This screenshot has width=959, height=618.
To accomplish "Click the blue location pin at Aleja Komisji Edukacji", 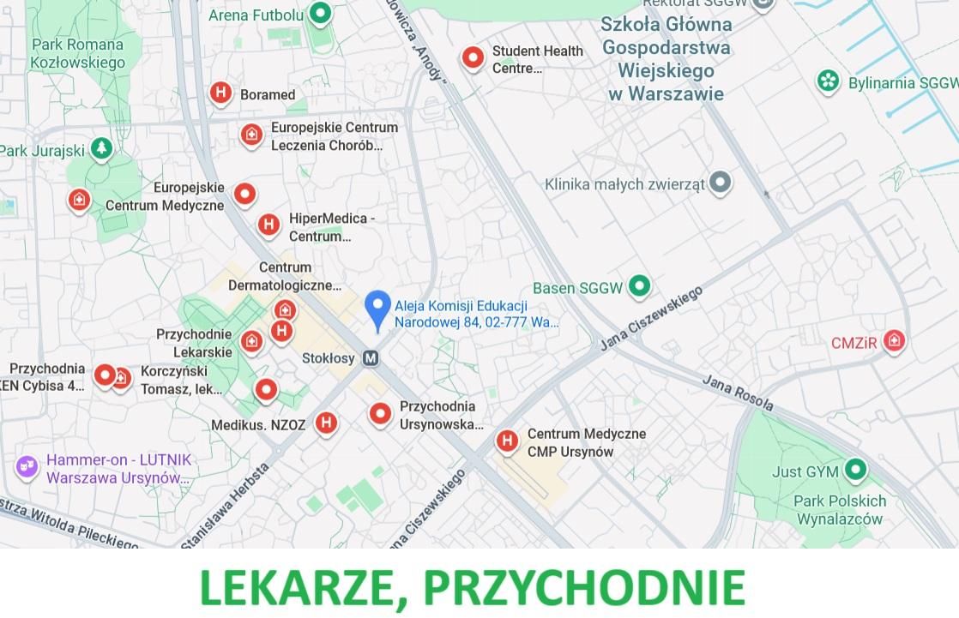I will [377, 308].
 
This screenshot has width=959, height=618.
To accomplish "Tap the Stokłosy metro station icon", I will [371, 358].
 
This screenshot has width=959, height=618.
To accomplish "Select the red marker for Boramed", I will [220, 93].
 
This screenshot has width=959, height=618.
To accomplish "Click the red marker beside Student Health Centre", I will [473, 57].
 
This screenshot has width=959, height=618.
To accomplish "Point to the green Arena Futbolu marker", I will [320, 13].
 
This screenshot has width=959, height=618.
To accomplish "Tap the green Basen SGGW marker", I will [639, 286].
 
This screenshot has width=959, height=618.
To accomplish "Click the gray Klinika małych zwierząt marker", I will [721, 182].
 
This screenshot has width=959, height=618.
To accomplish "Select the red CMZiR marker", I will [894, 341].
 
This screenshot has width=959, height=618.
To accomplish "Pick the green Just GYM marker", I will [854, 470].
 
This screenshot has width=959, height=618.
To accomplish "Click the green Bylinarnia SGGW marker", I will [828, 81].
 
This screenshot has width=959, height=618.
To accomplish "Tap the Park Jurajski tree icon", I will [101, 149].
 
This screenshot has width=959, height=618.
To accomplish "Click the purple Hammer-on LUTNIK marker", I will [27, 466].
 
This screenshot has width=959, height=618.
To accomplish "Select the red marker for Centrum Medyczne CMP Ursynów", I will [507, 441].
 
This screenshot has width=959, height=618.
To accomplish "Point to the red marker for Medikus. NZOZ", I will [325, 422].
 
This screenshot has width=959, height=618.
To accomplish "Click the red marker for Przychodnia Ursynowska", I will [380, 413].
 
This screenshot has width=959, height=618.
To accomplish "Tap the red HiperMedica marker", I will [268, 225].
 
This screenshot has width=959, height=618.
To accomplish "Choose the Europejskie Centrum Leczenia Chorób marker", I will [251, 135].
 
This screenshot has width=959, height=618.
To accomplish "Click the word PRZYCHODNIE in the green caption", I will [583, 587].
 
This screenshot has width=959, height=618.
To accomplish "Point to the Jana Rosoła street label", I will [738, 393].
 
